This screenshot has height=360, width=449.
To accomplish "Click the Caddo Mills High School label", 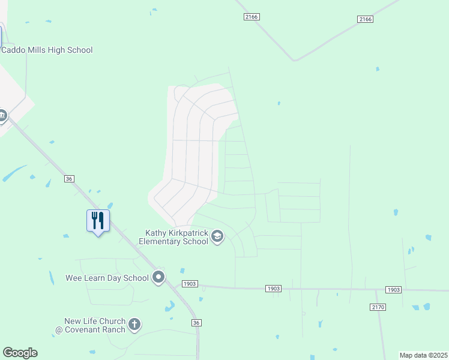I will (47, 50).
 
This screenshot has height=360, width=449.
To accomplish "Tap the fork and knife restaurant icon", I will (98, 221).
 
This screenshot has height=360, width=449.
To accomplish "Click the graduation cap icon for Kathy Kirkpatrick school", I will (217, 238).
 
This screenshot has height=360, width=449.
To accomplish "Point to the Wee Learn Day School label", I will (107, 278).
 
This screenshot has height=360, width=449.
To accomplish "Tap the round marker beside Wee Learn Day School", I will (158, 277).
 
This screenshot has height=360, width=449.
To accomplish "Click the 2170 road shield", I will (378, 307).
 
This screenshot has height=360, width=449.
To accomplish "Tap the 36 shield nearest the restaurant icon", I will (70, 179).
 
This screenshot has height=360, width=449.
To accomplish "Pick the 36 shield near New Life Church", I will (196, 323).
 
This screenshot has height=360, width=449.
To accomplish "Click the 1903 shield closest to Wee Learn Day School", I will (189, 284).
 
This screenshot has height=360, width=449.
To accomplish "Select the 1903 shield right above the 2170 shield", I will (393, 290).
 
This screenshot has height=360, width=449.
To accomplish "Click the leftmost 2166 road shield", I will (252, 17).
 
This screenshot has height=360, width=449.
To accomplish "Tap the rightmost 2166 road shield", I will (365, 19).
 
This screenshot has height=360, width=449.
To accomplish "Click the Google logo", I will (20, 353).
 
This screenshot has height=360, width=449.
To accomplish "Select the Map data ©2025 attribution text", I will (423, 355).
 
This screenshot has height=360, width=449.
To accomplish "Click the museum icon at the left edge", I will (2, 115).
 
